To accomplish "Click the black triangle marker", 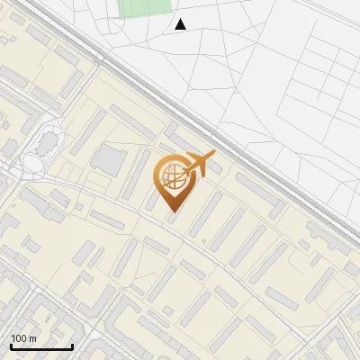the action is pos(180,24).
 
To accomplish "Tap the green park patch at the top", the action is pos(145,7).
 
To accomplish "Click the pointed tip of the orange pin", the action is pos(172,213).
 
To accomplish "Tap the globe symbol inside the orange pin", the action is pos(171,180).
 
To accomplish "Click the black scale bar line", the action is pos(41,347).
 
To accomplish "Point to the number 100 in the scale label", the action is pos(18,338).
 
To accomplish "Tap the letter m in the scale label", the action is pos(32,338).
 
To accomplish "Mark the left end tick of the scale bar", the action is pos(11,346).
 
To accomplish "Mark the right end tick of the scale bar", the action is pos(72,346).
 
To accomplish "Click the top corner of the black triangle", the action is pos(180,19).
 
